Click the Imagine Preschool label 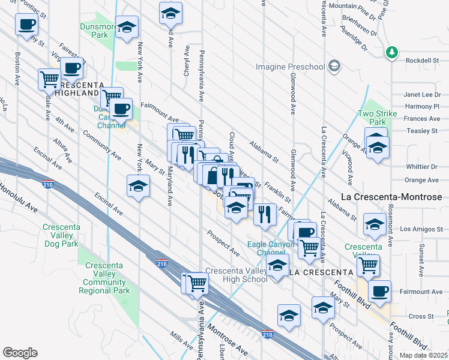[290, 67]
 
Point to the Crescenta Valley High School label [237, 275]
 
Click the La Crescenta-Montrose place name [391, 197]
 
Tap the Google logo [20, 353]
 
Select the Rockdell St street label [423, 60]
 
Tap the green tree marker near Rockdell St [392, 53]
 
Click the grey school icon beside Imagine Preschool [334, 66]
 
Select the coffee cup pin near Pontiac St [26, 26]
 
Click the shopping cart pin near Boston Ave [49, 79]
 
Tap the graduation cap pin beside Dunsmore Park [127, 28]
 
